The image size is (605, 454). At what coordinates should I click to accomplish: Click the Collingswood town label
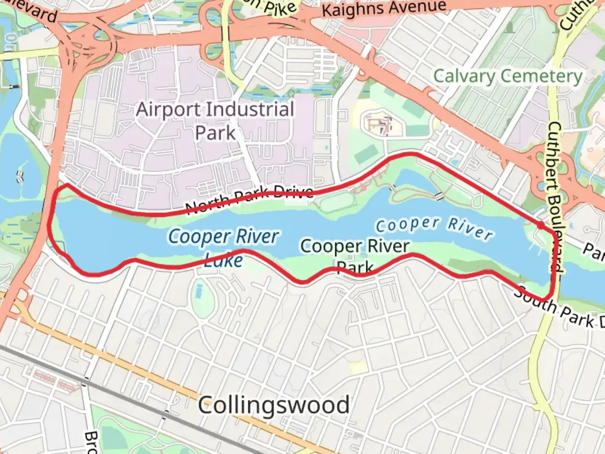(274, 405)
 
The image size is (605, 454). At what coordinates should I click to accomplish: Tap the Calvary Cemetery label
(508, 77)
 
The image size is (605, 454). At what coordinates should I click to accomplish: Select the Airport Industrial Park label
(215, 121)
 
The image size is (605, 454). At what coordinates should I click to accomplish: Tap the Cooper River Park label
(355, 256)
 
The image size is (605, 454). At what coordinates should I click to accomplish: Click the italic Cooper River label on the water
(434, 228)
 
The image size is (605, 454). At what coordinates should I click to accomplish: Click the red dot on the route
(541, 226)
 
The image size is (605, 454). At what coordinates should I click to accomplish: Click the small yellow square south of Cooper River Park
(358, 368)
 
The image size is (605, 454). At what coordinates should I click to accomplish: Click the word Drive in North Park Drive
(293, 193)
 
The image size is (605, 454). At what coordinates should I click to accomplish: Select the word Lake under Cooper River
(224, 261)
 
